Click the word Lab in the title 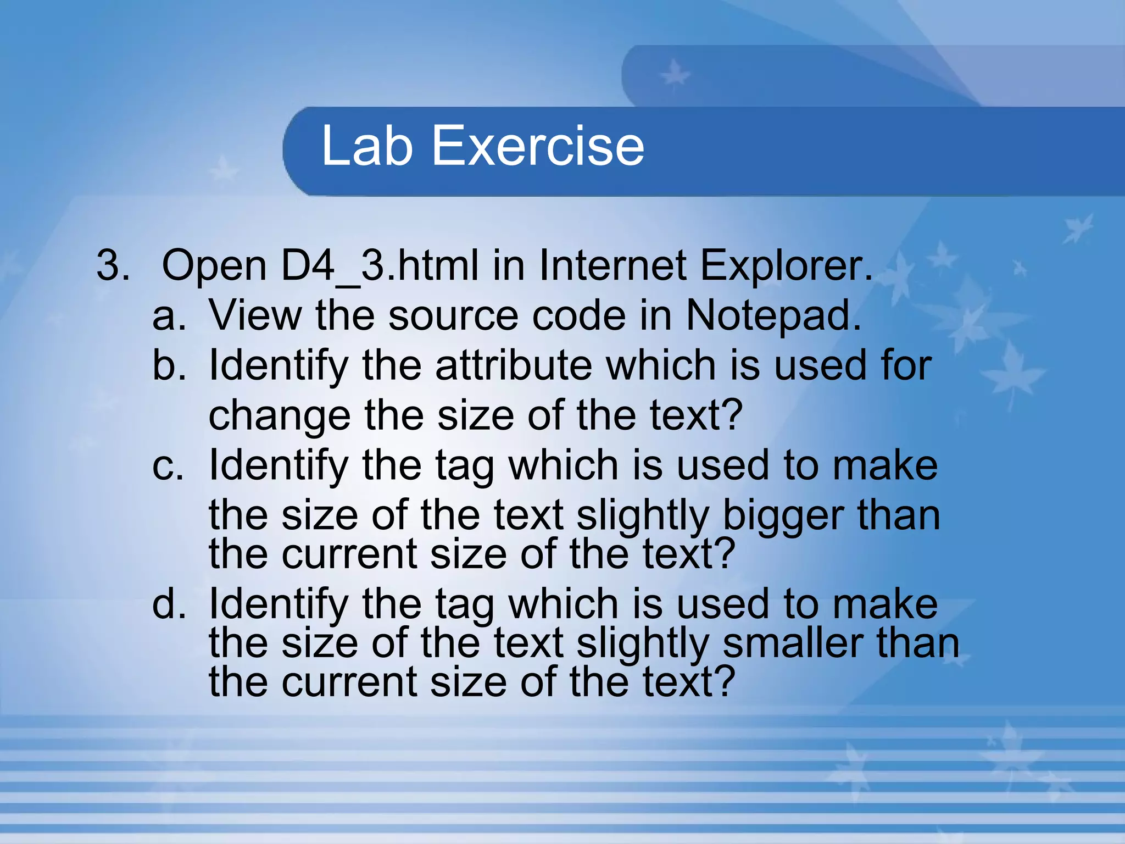(366, 146)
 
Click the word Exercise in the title (538, 146)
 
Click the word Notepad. (773, 316)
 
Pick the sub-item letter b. (169, 365)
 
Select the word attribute (514, 365)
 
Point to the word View (255, 316)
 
